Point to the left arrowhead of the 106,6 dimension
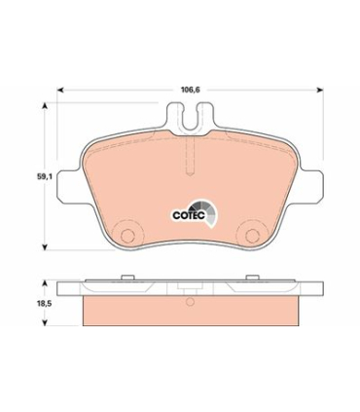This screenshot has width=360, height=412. pos(61,93)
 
